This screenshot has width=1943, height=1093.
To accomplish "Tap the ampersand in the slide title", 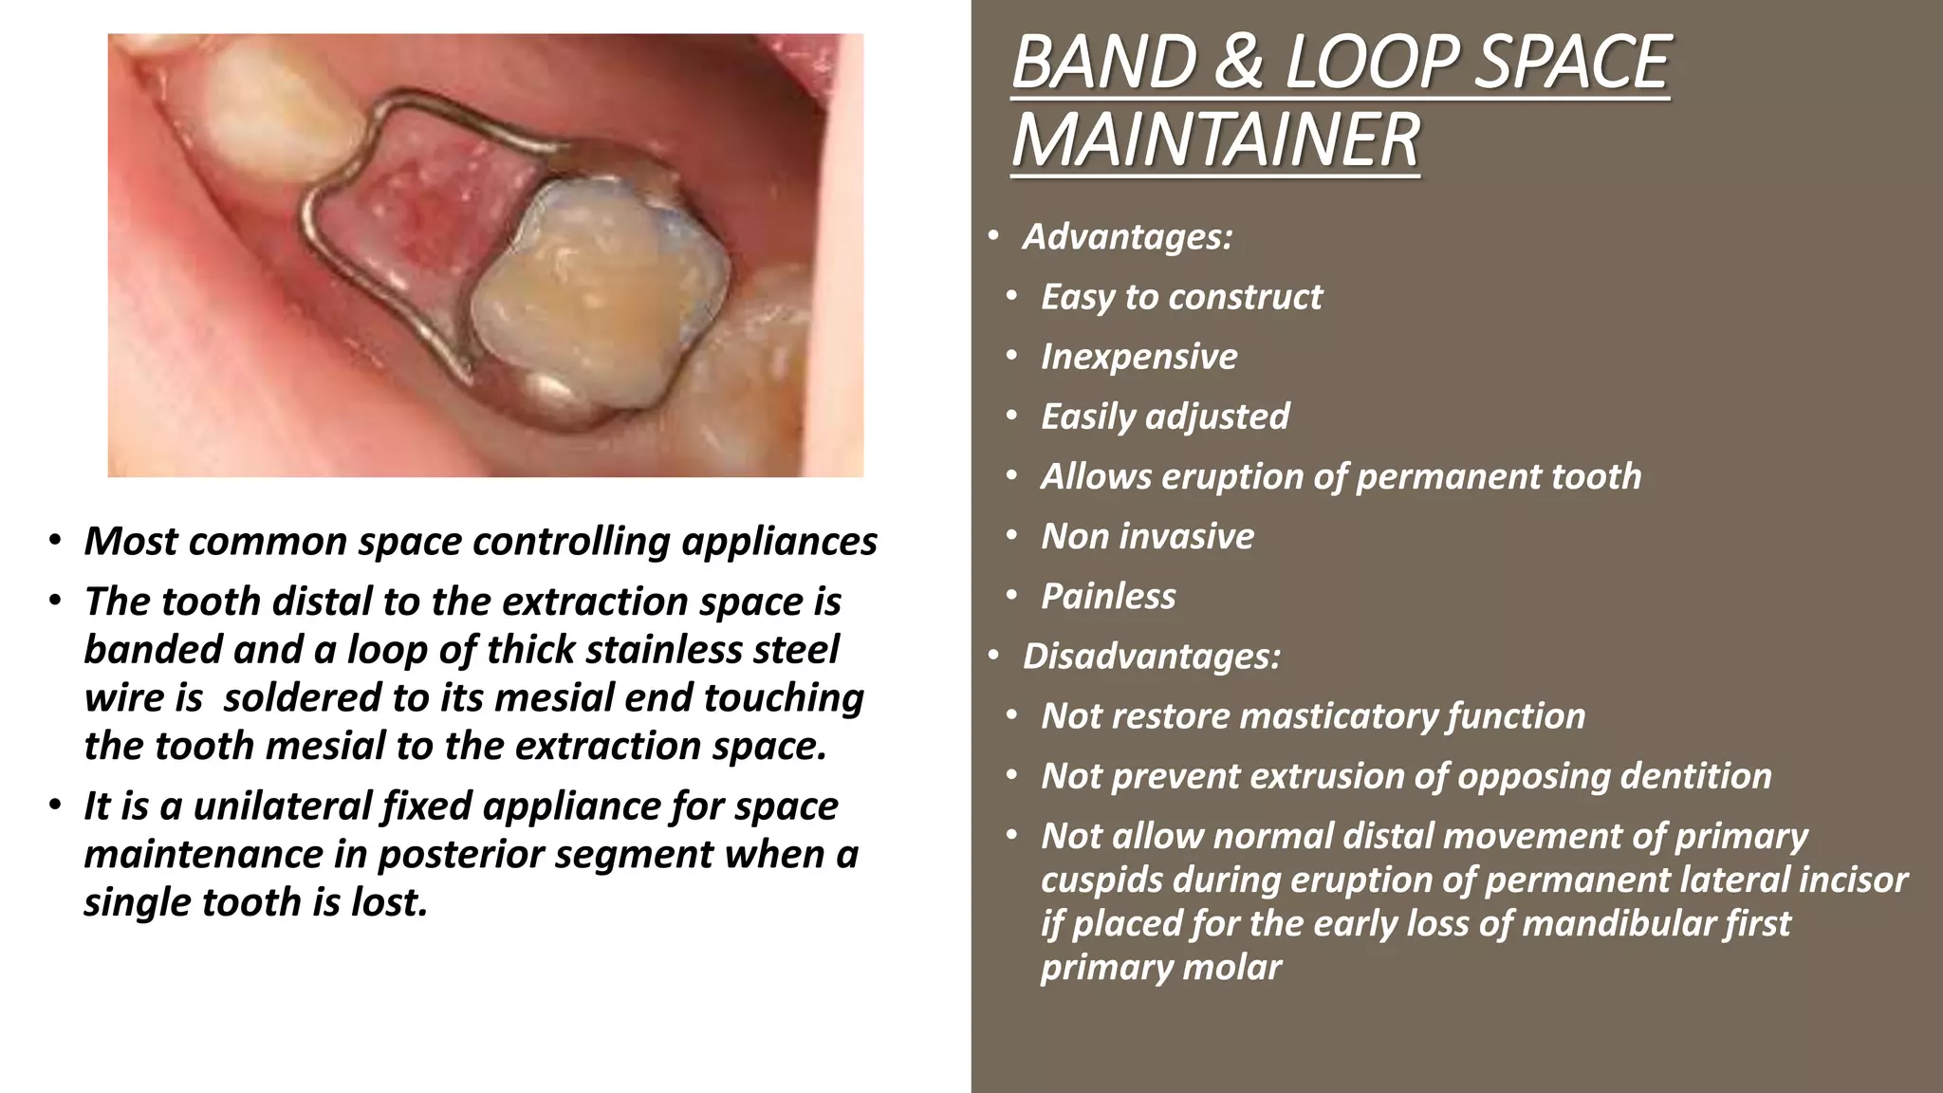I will [x=1238, y=63].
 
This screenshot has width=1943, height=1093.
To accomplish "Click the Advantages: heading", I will [x=1126, y=236].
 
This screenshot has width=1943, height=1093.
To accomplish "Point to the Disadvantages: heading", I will [x=1151, y=657].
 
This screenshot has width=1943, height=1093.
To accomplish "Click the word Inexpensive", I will [x=1138, y=357].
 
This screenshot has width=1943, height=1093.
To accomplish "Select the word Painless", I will [x=1108, y=597].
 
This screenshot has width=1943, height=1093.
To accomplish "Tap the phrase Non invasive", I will [x=1147, y=537].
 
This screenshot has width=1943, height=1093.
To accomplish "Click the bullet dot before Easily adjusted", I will [x=1012, y=417].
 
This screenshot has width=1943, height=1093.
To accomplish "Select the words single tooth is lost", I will [x=256, y=902].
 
